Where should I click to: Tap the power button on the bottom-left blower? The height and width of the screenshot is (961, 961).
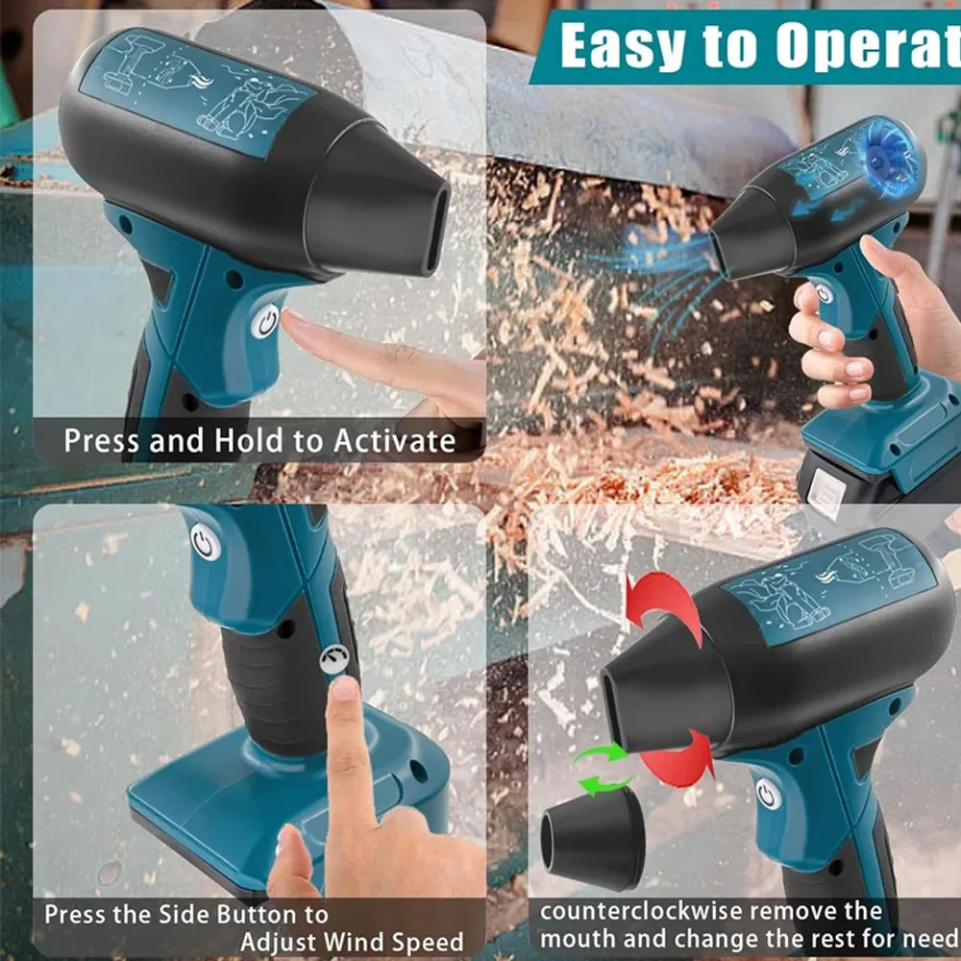[204, 543]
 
